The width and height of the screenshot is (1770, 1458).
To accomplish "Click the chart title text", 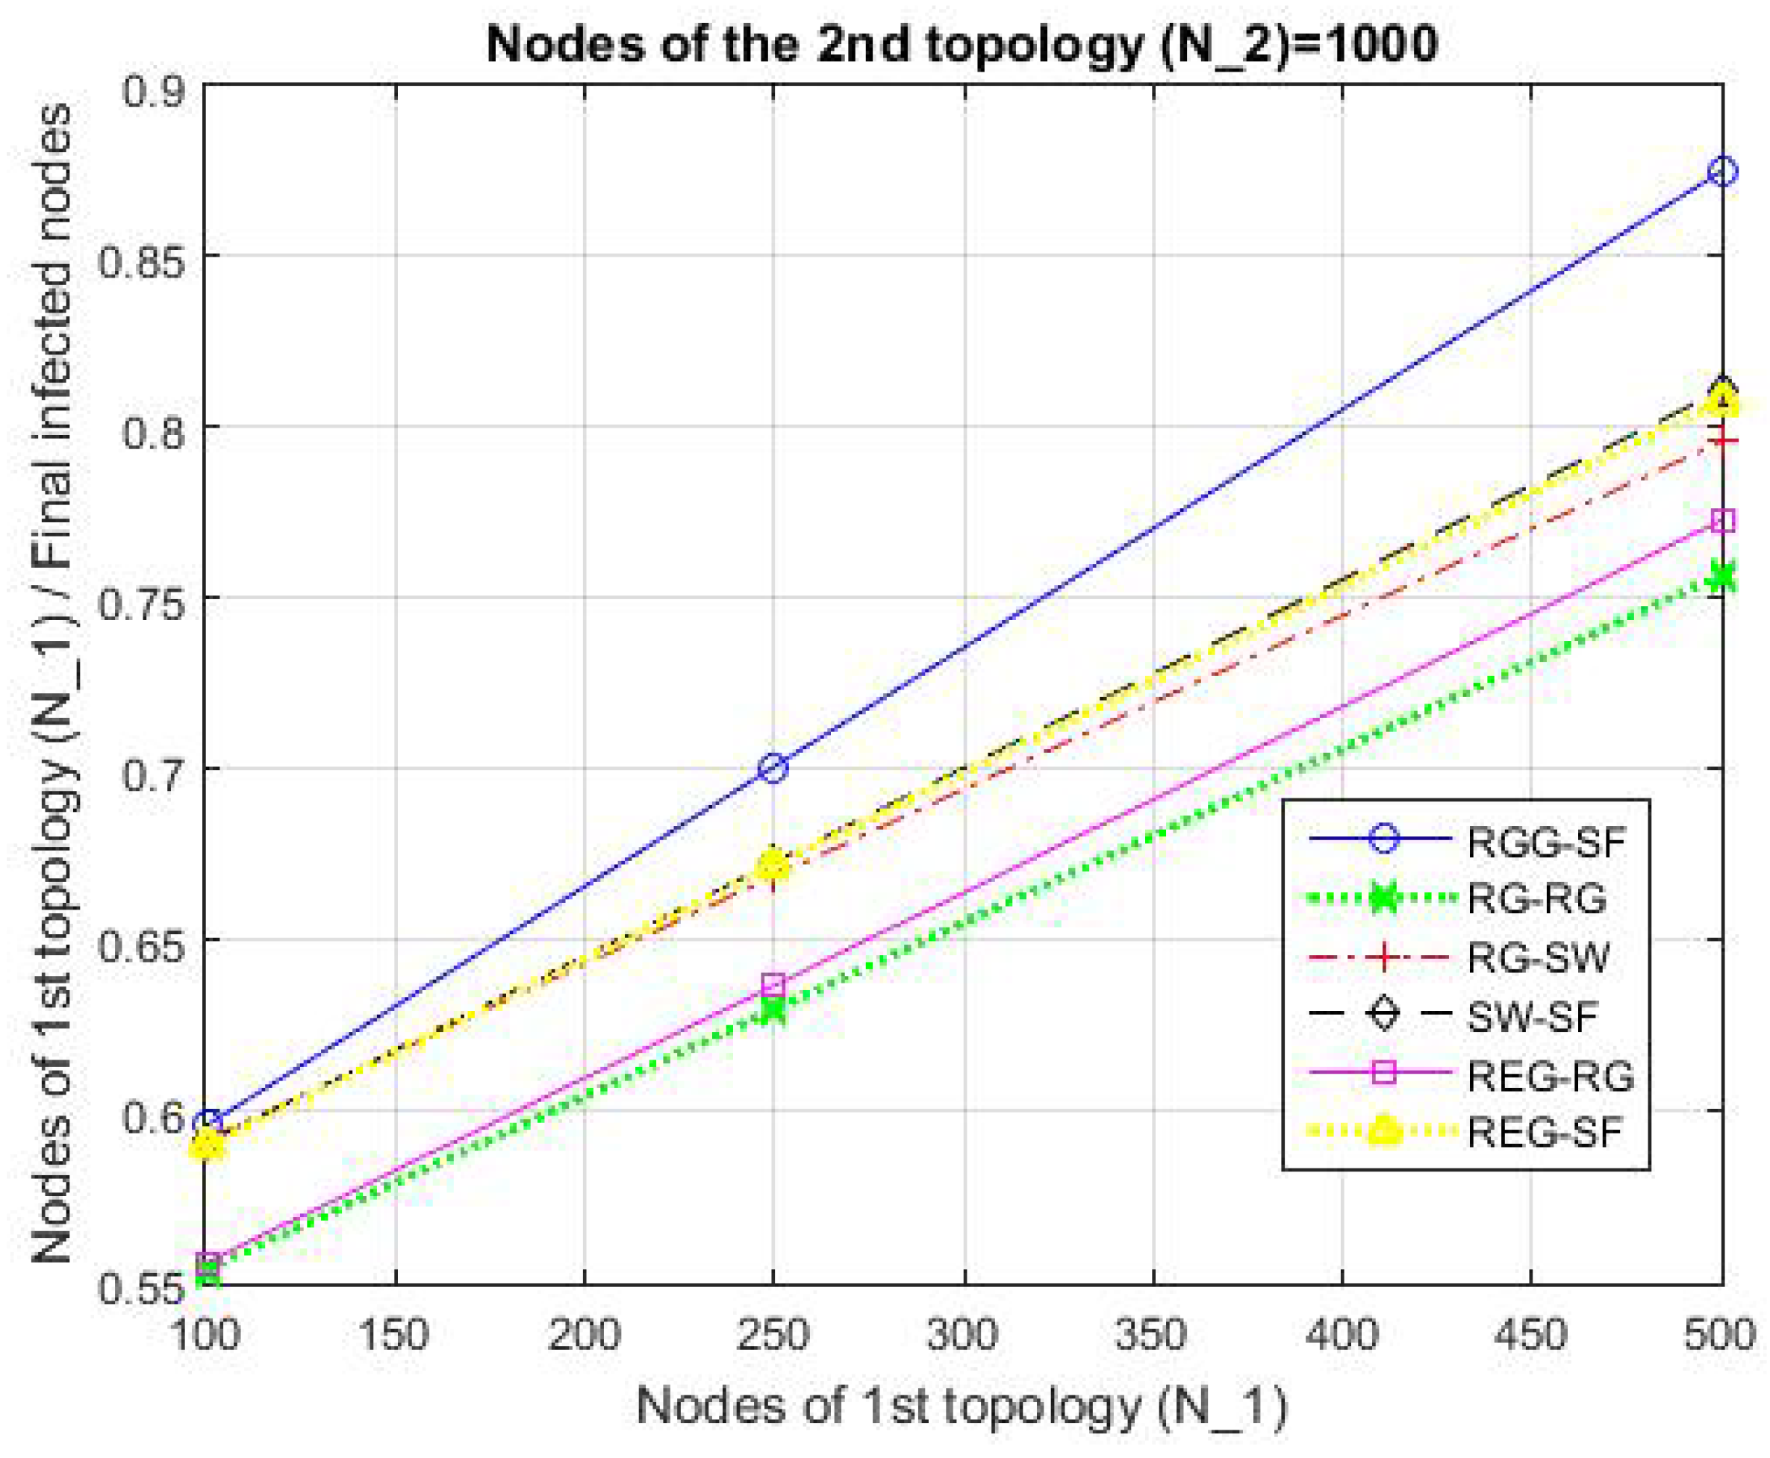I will (x=961, y=44).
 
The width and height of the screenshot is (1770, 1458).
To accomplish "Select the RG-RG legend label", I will (x=1536, y=898).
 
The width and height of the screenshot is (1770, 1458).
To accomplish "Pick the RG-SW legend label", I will (x=1538, y=957).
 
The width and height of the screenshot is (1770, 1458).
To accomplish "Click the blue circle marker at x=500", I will (x=1722, y=172).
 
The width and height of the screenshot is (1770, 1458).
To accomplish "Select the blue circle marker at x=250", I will (x=773, y=768).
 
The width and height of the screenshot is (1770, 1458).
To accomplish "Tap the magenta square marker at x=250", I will (x=773, y=983).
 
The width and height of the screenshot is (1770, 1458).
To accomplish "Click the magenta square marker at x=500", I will (x=1722, y=522).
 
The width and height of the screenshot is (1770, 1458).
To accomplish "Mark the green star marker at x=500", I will (x=1722, y=577).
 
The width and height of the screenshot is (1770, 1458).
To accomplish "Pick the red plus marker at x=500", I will (x=1722, y=440).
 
